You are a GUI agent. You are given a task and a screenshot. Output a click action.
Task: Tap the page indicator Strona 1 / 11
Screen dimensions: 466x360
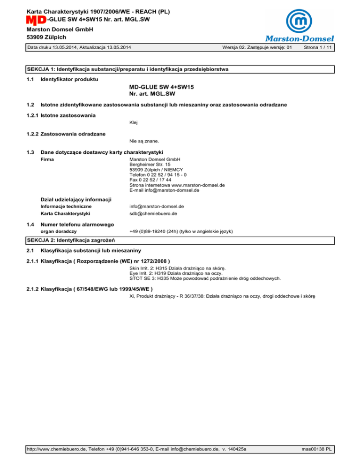coord(318,48)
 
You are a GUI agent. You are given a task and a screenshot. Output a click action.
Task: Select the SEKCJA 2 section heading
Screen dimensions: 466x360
coord(68,241)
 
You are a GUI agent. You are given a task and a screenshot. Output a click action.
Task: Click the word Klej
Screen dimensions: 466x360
coord(134,122)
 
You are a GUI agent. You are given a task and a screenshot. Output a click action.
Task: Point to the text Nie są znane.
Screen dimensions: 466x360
coord(144,140)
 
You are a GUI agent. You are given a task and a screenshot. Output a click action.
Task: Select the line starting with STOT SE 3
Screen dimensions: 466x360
coord(205,278)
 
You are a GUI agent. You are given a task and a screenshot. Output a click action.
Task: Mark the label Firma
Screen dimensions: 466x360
coord(47,159)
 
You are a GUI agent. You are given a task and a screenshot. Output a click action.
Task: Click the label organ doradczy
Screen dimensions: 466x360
coord(59,231)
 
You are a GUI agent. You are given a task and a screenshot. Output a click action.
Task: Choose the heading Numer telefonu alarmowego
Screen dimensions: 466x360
coord(77,225)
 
